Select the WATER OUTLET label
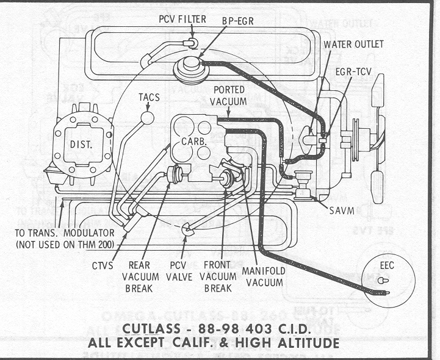[x=353, y=45]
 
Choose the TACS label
[x=150, y=97]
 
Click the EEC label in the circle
[x=388, y=266]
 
